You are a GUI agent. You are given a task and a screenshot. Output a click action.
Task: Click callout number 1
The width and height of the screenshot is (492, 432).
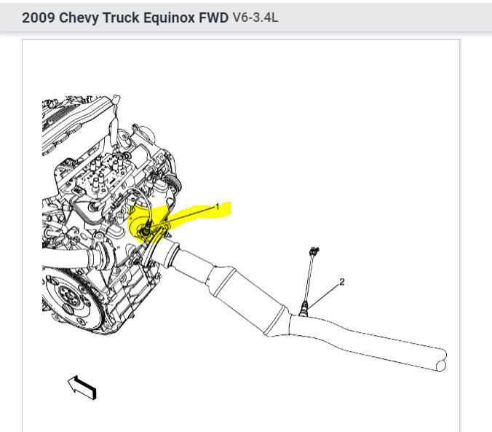(x=216, y=208)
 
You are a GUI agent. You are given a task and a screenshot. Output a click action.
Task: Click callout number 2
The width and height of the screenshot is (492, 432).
(x=341, y=281)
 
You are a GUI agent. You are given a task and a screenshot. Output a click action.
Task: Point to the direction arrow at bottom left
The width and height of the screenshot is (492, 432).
(x=82, y=387)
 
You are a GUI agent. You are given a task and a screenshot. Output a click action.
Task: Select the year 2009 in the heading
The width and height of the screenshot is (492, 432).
(x=38, y=17)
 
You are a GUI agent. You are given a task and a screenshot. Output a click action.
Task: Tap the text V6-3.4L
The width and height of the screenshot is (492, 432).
(x=255, y=17)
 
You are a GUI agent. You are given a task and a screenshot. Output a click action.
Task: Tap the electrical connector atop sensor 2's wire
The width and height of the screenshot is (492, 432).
(x=314, y=252)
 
